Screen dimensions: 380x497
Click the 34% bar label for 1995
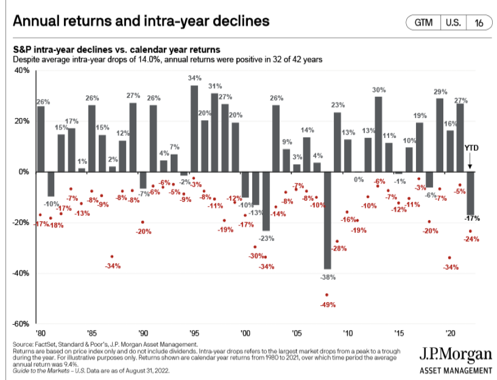pos(194,78)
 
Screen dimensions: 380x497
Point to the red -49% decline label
pos(328,305)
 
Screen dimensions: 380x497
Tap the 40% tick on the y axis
pos(22,70)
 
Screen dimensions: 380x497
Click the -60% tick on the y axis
pos(21,324)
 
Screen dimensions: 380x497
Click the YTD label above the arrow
pos(470,147)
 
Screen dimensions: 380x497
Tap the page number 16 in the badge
pos(478,23)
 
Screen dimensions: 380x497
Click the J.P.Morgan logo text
pos(456,355)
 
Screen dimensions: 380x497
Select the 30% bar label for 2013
pos(379,90)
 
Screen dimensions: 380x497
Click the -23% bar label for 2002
pos(265,238)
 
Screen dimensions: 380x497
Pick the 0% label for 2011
pos(359,179)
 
